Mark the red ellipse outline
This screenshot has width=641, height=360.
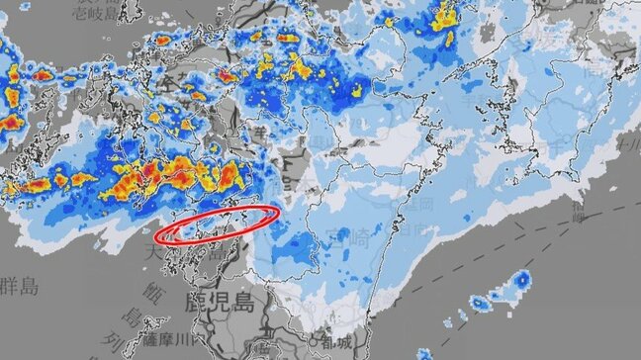tap(219, 225)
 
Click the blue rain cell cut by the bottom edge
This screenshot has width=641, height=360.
tap(423, 354)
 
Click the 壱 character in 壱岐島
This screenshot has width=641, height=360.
tap(81, 11)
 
